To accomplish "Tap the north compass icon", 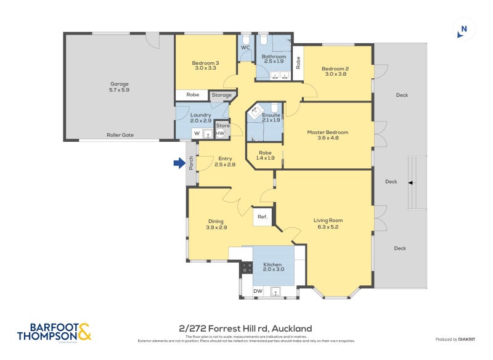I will [463, 29].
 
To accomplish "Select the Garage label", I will [120, 84].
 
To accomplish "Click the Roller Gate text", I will [120, 134].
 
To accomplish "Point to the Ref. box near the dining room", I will [263, 216].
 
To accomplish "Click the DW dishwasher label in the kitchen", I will [257, 290].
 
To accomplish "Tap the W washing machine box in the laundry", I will [197, 133].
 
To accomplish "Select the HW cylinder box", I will [220, 133].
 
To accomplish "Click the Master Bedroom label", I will [328, 132].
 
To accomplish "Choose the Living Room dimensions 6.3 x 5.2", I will [328, 227].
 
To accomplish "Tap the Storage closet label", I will [222, 95].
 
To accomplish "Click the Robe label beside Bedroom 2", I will [298, 62].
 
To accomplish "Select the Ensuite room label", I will [271, 115].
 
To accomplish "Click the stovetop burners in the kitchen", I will [246, 268].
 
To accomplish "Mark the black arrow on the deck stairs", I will [410, 182].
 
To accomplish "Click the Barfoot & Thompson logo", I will [54, 332].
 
